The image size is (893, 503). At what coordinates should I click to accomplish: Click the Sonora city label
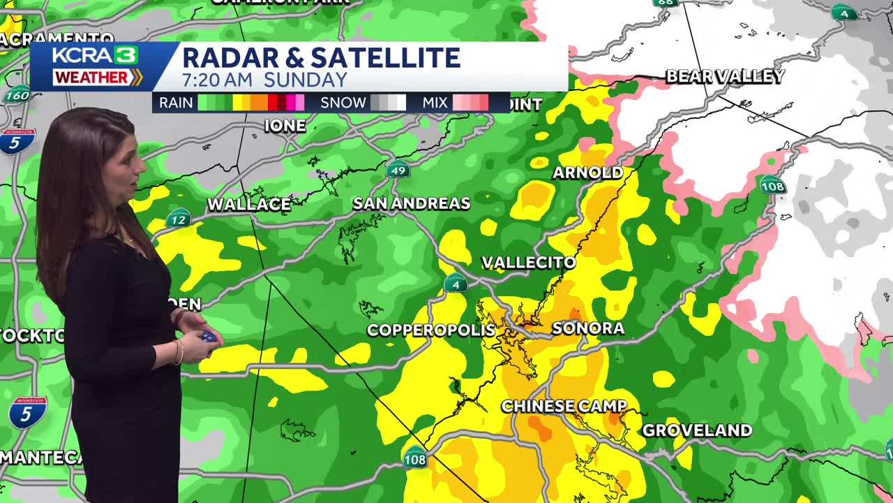point(578,328)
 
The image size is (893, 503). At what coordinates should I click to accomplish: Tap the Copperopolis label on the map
point(430,330)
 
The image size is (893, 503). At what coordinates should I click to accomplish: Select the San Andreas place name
point(412,203)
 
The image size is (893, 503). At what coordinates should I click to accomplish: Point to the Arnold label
point(587,173)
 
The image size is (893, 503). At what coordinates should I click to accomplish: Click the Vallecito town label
point(529,263)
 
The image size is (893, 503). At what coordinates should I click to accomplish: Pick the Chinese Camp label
point(564,406)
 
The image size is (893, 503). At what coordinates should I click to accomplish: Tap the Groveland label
point(697,430)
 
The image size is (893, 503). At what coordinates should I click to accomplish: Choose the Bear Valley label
point(725,76)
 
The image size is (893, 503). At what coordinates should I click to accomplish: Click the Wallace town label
point(249,205)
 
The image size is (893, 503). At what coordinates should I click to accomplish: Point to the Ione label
point(285,126)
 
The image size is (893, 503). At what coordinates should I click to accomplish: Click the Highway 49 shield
point(398,169)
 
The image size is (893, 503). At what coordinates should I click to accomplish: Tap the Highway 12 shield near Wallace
point(179,219)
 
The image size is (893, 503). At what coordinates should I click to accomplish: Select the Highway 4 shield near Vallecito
point(456,284)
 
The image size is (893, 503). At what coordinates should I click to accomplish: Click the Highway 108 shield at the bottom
point(415,458)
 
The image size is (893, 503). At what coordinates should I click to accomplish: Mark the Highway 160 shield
point(17,94)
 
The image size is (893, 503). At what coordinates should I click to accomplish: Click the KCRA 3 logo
point(95,55)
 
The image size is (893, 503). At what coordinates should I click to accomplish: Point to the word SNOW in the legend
point(343,103)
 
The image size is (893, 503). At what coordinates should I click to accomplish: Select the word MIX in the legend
point(435,103)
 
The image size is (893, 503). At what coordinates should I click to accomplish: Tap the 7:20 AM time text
point(220,80)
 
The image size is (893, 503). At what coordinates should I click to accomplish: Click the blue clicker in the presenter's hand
point(208,337)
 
